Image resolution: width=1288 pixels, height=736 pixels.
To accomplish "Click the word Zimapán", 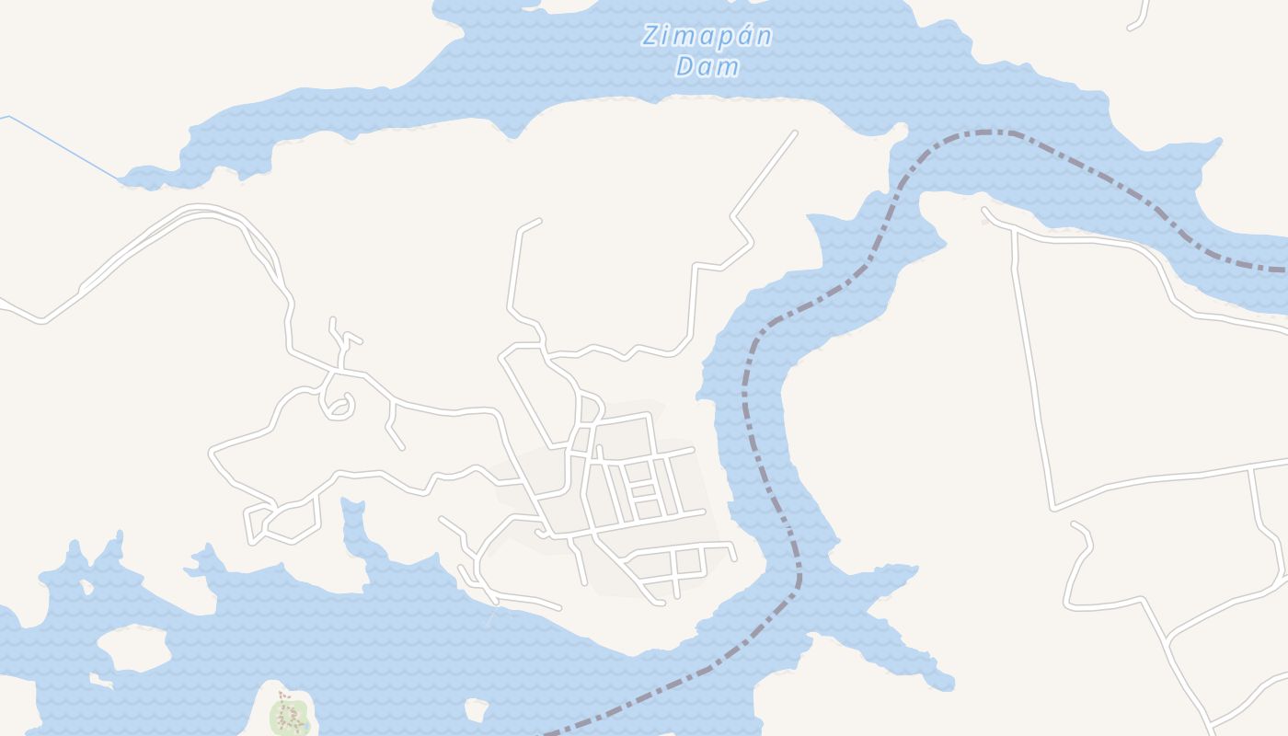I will point(707,37).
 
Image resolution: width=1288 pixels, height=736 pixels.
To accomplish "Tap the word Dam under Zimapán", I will point(707,67).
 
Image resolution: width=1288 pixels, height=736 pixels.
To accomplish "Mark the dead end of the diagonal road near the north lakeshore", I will point(794,134).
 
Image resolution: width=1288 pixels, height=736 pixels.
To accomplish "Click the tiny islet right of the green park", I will point(476,710).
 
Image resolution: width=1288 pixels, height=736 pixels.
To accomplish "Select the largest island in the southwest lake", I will point(133,649).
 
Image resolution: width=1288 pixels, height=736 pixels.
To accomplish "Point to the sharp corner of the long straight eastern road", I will point(1054,507).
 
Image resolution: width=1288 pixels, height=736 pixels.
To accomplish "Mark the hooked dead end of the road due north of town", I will point(537,221).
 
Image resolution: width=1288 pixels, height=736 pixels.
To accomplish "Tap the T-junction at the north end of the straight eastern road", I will point(1013,231).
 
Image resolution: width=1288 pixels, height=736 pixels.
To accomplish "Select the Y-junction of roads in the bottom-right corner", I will point(1167,639).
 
